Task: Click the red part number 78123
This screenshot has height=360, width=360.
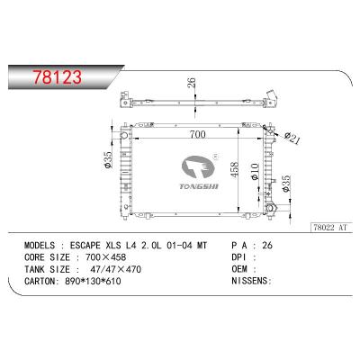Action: pyautogui.click(x=57, y=76)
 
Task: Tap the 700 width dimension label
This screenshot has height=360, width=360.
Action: pyautogui.click(x=198, y=134)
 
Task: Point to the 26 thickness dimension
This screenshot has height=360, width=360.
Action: pyautogui.click(x=192, y=83)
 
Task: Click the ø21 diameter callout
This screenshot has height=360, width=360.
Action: pyautogui.click(x=292, y=138)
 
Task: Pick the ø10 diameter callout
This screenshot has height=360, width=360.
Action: pyautogui.click(x=255, y=172)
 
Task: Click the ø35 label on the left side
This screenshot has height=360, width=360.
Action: pyautogui.click(x=108, y=159)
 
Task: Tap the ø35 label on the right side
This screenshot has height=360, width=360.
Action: pyautogui.click(x=285, y=184)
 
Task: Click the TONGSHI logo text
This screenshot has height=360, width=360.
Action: pyautogui.click(x=199, y=186)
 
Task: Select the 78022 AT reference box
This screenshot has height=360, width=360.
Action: pyautogui.click(x=330, y=228)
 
